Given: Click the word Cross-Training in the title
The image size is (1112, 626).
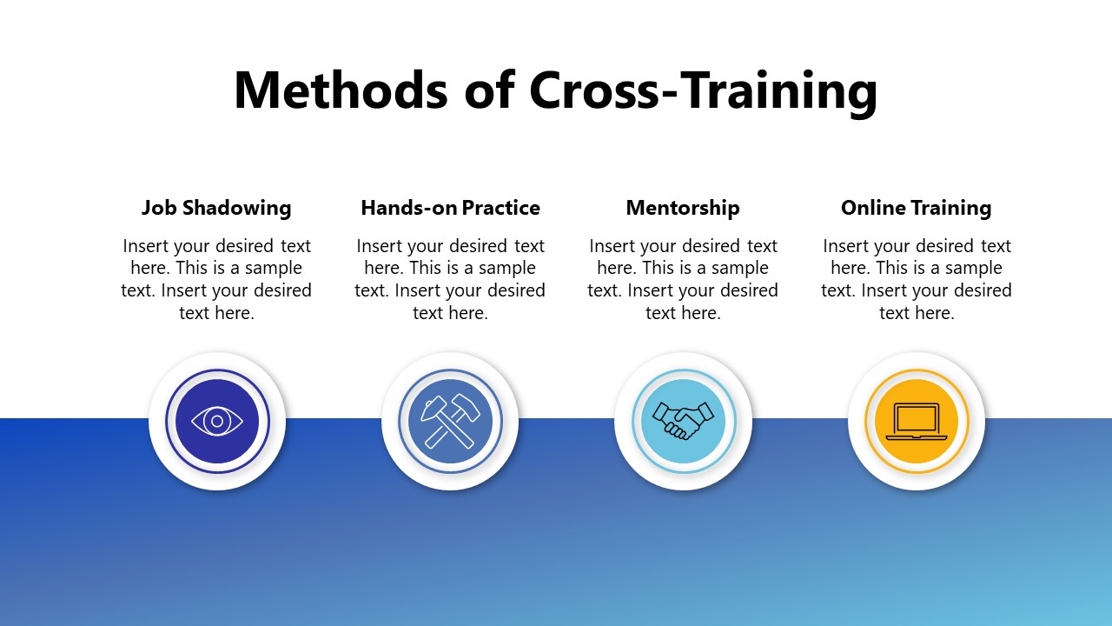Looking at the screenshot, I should click(703, 90).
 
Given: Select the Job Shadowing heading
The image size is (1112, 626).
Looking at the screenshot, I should click(216, 208).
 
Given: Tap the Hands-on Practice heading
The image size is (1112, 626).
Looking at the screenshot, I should click(450, 208).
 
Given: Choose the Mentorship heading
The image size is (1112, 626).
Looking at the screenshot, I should click(683, 208).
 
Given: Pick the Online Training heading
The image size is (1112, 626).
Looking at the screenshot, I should click(916, 208).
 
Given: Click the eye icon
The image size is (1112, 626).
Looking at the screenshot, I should click(217, 422).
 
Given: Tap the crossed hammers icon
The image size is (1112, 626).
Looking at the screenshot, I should click(450, 422).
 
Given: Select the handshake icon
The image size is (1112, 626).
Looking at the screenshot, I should click(683, 422).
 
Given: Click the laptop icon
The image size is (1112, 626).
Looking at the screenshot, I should click(917, 422).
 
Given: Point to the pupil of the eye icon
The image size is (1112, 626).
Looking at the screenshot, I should click(217, 422).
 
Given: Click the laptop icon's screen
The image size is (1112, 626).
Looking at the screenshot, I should click(917, 418).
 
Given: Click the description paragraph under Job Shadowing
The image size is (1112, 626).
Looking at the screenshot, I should click(216, 279).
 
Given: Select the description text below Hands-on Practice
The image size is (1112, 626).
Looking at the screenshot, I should click(450, 279).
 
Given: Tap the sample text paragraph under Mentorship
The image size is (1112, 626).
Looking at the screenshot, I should click(683, 279).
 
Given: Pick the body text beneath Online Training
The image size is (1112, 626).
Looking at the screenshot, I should click(917, 279).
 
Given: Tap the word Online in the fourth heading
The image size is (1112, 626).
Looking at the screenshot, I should click(870, 208).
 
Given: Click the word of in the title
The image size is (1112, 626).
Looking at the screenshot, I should click(489, 90).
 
